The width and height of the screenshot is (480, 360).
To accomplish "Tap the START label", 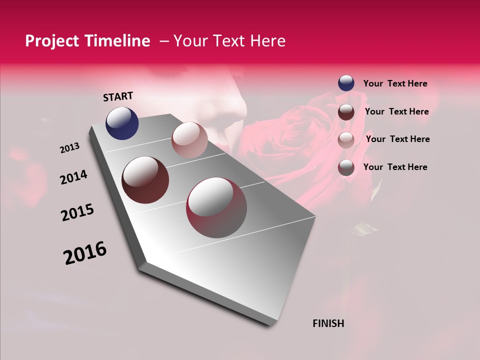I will pos(118,96).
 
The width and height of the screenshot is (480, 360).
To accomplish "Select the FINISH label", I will pos(328,323).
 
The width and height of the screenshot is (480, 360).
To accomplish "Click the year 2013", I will pos(70,148).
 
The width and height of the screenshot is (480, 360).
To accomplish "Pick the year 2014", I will pos(73,177).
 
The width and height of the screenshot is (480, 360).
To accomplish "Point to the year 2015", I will pos(77,212).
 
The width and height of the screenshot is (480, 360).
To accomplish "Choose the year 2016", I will pos(85,253).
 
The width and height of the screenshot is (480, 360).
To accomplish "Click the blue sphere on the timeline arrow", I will pos(122,123).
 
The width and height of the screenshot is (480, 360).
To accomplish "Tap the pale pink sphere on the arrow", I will pos(189,140).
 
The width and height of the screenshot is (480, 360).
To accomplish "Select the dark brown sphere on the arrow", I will pos(145,180).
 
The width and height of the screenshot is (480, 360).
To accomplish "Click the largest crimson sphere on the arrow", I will pos(216,207).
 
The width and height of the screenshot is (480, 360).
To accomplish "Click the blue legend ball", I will pos(346,83).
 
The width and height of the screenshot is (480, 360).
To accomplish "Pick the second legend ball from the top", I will pos(346,112).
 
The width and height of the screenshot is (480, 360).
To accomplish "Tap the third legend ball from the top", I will pos(346,139).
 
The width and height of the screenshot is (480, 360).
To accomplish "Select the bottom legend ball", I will pos(346,167).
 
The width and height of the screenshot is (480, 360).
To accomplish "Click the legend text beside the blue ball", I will pos(395,84).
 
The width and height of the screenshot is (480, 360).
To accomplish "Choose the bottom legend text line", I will pos(395,167).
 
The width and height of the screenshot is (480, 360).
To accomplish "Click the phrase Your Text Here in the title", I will pos(229,41).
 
